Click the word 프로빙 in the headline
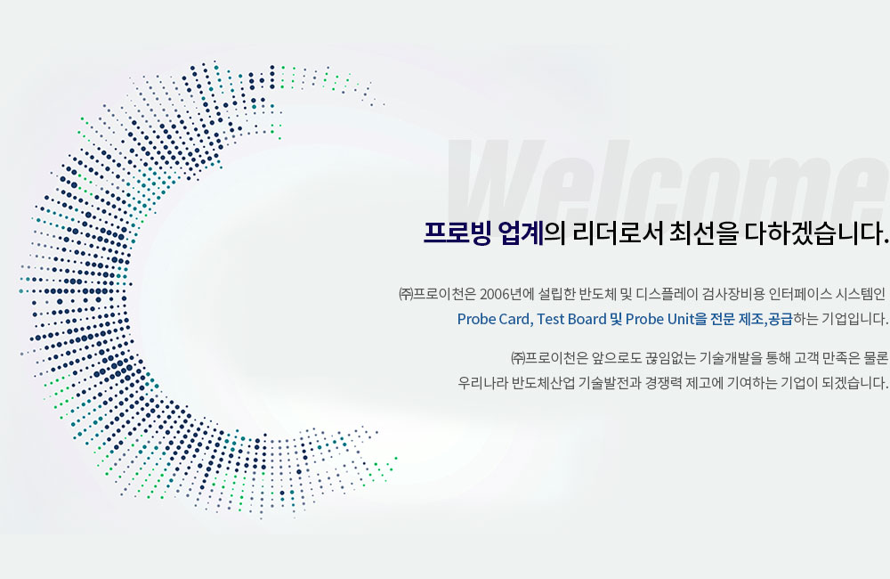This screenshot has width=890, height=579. click(457, 233)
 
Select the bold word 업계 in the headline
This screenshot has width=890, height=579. click(521, 233)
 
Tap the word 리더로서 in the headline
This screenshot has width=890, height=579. click(619, 233)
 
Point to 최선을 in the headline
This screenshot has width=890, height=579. click(704, 233)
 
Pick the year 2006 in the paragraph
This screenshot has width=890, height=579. click(494, 294)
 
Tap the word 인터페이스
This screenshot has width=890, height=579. click(799, 294)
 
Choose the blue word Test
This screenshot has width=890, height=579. click(551, 319)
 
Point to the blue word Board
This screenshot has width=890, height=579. click(587, 319)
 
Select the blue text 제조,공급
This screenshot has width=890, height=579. click(765, 319)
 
